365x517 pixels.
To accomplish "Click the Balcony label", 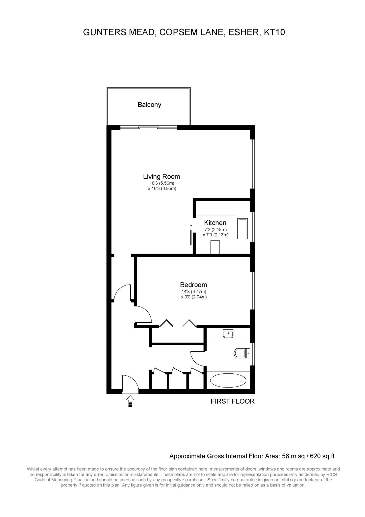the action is pyautogui.click(x=149, y=105).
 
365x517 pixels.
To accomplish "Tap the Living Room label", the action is pyautogui.click(x=162, y=176).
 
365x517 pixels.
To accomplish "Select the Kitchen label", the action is pyautogui.click(x=215, y=223).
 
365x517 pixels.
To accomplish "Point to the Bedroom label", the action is pyautogui.click(x=194, y=285).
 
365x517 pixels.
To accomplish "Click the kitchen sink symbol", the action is pyautogui.click(x=242, y=229).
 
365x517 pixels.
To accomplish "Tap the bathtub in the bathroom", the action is pyautogui.click(x=228, y=380).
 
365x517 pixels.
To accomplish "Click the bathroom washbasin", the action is pyautogui.click(x=228, y=334).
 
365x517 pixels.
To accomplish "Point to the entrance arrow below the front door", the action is pyautogui.click(x=130, y=401).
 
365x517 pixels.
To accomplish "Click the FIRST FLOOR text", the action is pyautogui.click(x=233, y=401).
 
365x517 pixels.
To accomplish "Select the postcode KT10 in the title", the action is pyautogui.click(x=275, y=32).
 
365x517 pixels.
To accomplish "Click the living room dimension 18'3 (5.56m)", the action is pyautogui.click(x=162, y=183).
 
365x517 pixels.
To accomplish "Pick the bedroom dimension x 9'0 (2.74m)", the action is pyautogui.click(x=194, y=297).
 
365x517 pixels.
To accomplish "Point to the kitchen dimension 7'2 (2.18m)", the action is pyautogui.click(x=216, y=230).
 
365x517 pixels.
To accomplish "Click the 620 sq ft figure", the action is pyautogui.click(x=322, y=456).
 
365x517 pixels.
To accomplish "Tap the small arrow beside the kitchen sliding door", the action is pyautogui.click(x=191, y=227).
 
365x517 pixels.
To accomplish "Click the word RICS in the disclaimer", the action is pyautogui.click(x=331, y=474).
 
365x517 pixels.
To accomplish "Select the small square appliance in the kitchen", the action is pyautogui.click(x=215, y=247).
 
